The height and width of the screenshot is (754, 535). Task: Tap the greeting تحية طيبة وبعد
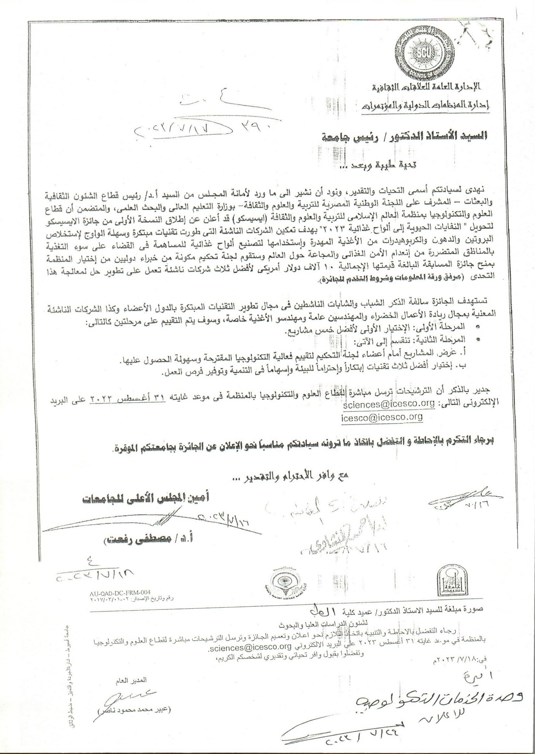[x=379, y=166]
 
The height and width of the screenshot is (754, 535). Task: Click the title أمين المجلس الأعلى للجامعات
[x=146, y=498]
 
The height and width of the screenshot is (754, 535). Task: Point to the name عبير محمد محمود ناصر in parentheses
[x=135, y=710]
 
